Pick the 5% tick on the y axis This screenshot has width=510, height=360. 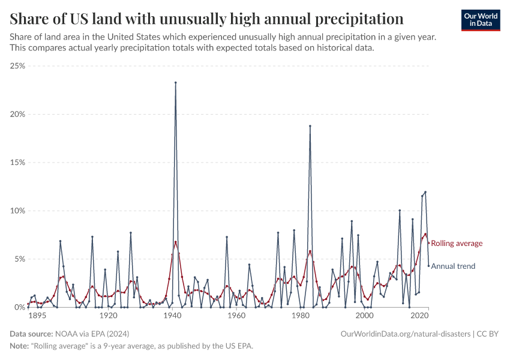click(x=19, y=259)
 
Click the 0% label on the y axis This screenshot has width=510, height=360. click(x=19, y=307)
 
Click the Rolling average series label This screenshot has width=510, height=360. click(x=457, y=243)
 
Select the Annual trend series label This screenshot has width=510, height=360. click(x=453, y=266)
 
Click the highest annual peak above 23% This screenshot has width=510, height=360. click(x=175, y=83)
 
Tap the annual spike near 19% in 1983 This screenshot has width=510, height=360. click(x=310, y=126)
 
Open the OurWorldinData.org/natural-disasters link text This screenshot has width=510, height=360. click(x=404, y=334)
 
